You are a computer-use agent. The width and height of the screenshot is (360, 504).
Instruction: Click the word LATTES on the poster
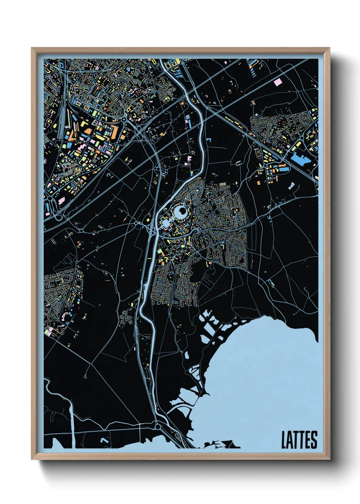[299, 440]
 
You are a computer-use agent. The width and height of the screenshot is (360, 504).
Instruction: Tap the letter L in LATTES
[284, 440]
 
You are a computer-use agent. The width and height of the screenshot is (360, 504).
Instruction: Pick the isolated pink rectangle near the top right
[278, 82]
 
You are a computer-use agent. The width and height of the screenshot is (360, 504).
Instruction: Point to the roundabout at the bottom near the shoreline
[158, 426]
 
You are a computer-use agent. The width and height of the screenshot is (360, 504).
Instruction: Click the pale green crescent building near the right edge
[309, 135]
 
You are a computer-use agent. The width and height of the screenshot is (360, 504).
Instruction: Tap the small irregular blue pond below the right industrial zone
[292, 186]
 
